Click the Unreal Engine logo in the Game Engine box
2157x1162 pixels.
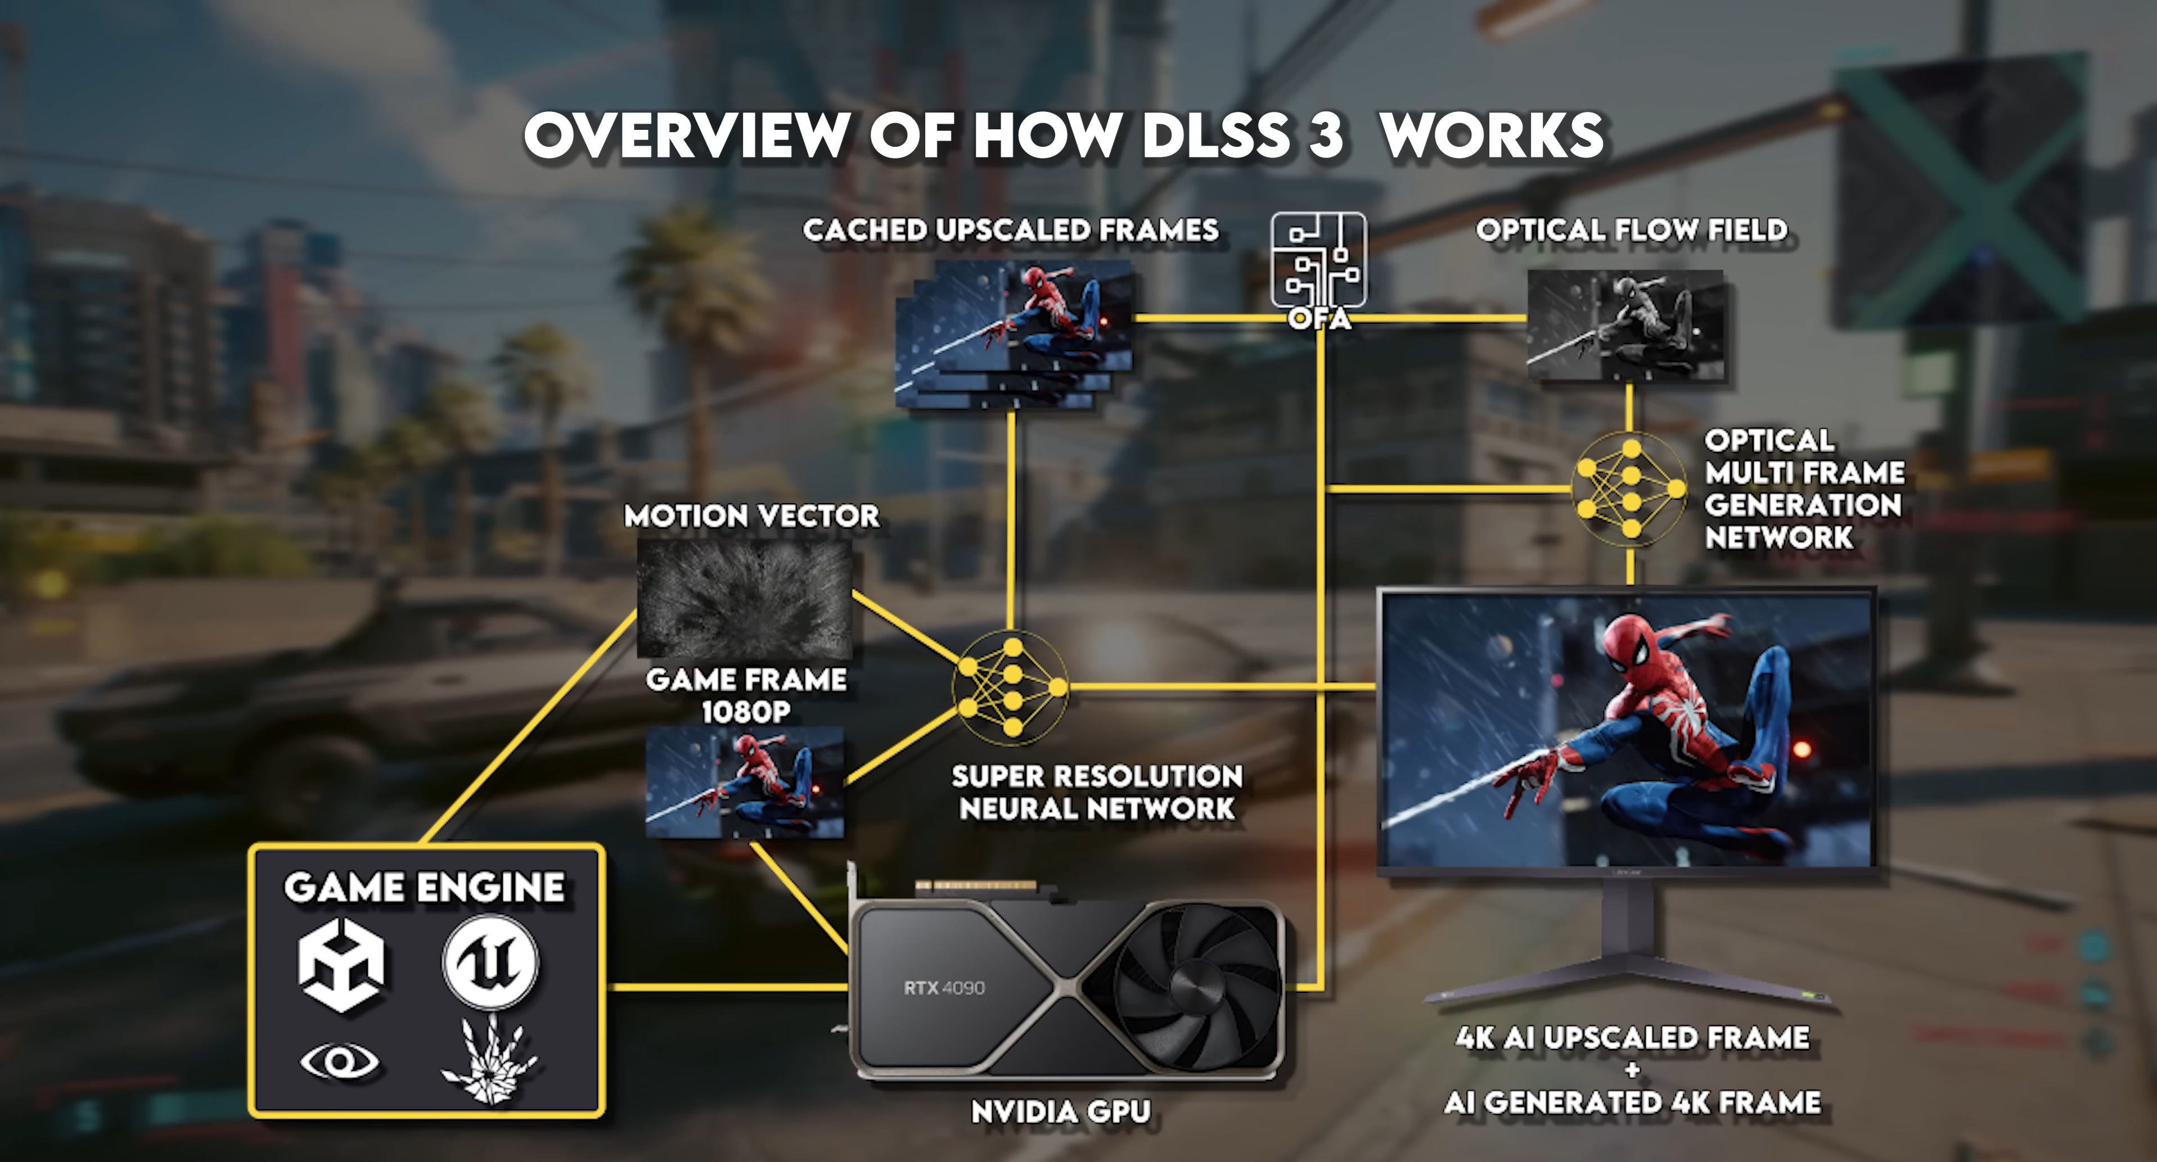(x=490, y=960)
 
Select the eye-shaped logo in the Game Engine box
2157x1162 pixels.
(x=340, y=1061)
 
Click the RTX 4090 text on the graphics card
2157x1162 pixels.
(x=944, y=988)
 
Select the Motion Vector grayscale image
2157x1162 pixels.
(x=744, y=598)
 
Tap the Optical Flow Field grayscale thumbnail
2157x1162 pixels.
(x=1626, y=325)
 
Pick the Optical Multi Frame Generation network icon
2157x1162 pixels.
(x=1629, y=489)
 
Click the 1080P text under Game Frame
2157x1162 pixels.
(x=745, y=712)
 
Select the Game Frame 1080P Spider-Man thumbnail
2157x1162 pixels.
(x=744, y=782)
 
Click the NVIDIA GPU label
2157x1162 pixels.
(x=1061, y=1112)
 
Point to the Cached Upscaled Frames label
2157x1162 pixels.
(x=1011, y=229)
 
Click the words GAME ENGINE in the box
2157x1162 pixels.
(x=425, y=888)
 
